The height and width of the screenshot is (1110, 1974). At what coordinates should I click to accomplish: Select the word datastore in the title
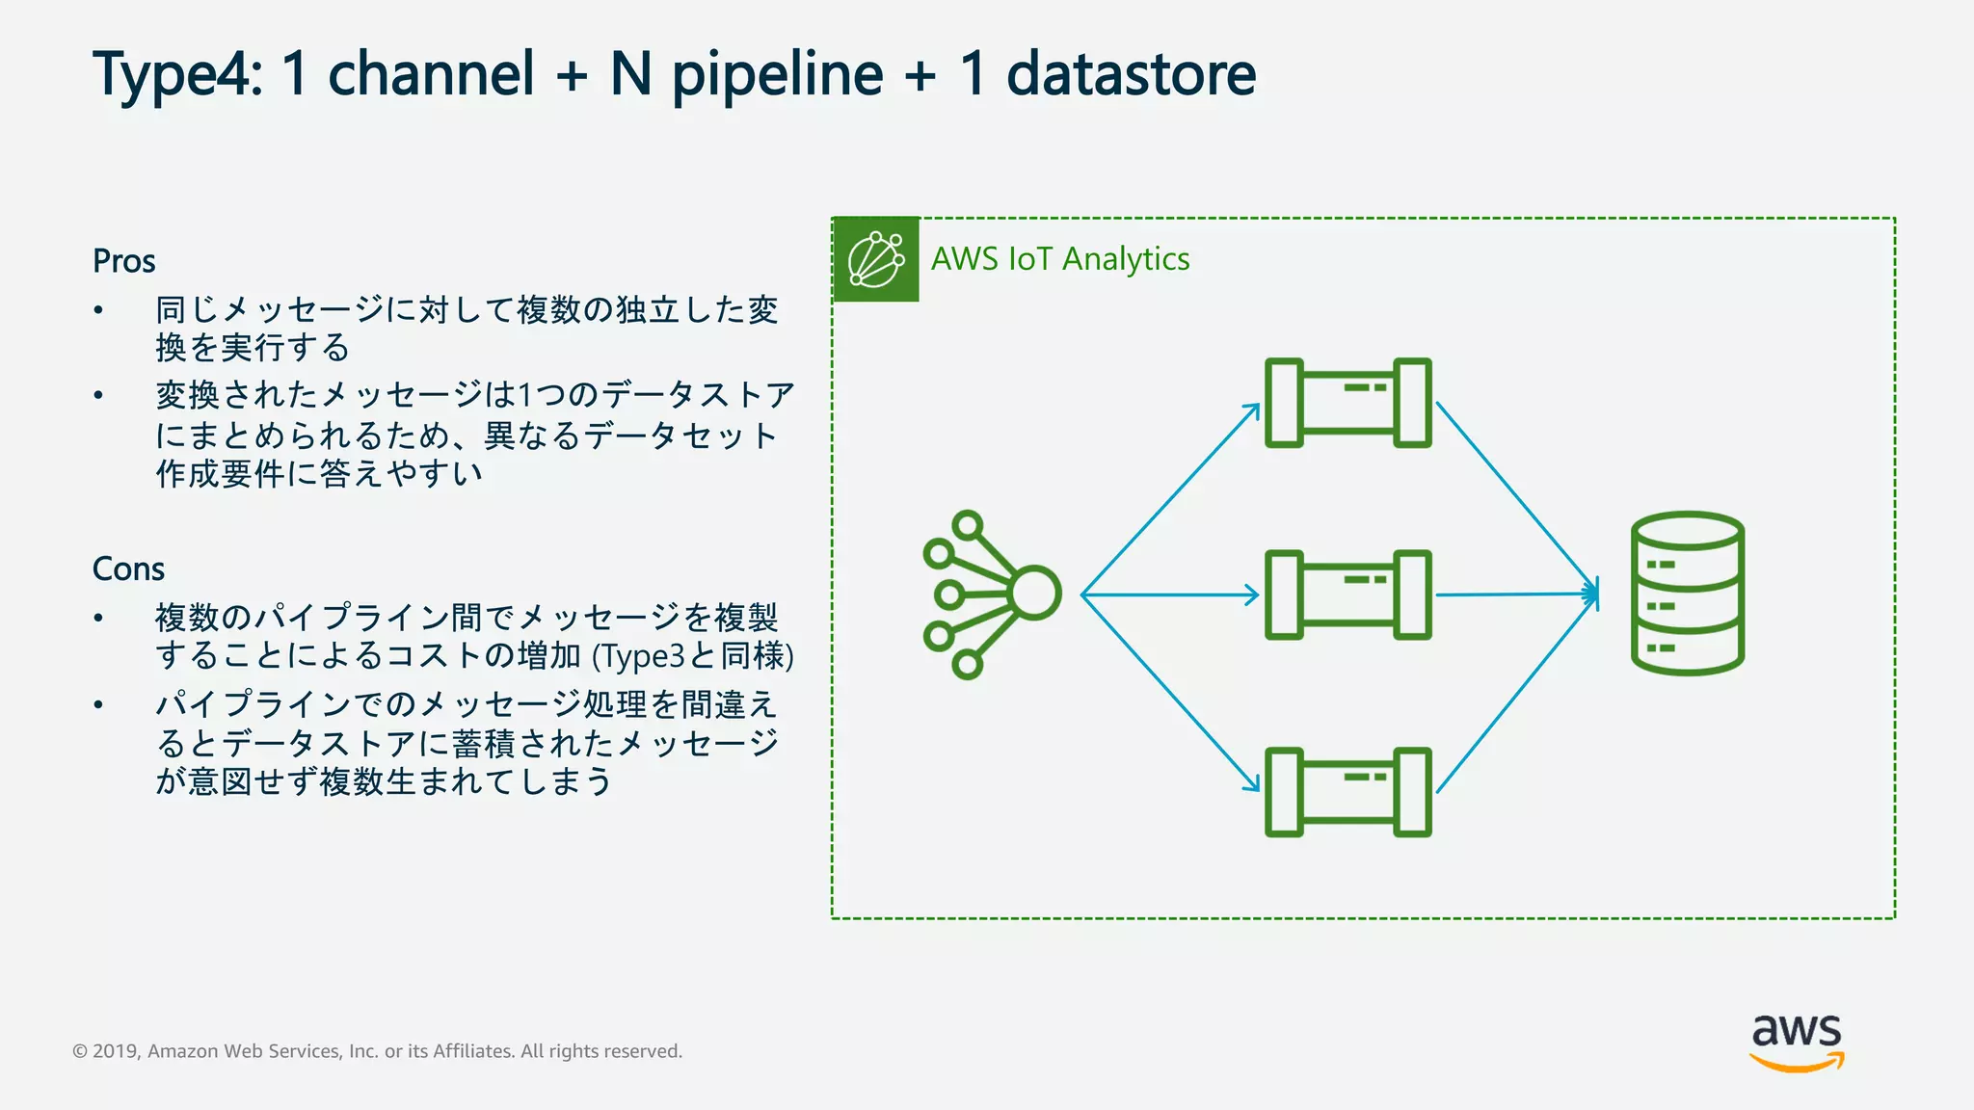click(1131, 75)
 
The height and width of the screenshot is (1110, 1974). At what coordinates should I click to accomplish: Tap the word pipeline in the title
click(777, 75)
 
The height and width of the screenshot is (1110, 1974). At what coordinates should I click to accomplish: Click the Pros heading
click(123, 261)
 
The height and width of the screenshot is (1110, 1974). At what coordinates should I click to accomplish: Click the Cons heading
click(128, 569)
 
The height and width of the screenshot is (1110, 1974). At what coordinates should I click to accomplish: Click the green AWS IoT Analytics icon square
click(875, 260)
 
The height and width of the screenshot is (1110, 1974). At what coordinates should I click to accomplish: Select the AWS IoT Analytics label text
click(1059, 259)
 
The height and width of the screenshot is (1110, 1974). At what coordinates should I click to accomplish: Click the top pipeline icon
click(1347, 403)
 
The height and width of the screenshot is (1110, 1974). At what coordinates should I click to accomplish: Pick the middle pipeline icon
click(1347, 595)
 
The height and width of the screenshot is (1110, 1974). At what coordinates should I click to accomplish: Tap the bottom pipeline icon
click(1347, 791)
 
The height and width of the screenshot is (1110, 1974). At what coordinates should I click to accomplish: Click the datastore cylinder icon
click(1687, 594)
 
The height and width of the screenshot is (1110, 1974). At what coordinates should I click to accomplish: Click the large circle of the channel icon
click(1035, 593)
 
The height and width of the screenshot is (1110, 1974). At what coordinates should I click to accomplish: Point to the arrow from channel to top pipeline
click(1170, 499)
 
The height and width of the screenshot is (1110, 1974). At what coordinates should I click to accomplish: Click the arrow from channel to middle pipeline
click(1170, 595)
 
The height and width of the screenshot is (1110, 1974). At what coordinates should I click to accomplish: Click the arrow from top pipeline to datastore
click(1517, 499)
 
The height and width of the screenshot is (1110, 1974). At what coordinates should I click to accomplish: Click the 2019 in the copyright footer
click(117, 1051)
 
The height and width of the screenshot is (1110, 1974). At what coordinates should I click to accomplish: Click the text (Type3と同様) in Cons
click(693, 656)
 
